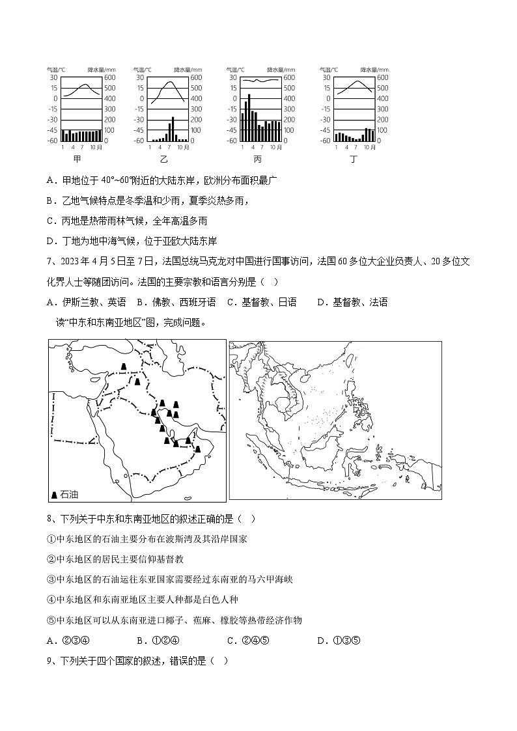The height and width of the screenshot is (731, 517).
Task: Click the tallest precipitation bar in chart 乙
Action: [173, 129]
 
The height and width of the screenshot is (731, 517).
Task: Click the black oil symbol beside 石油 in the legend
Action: [54, 495]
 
